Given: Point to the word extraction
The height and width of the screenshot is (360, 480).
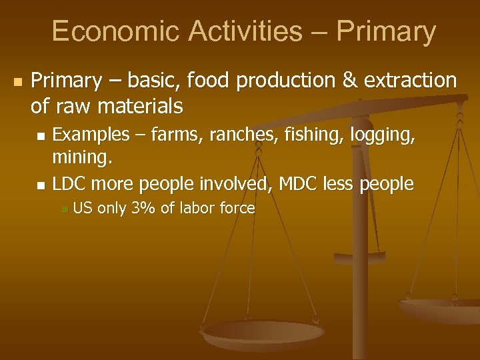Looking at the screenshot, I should click(410, 81).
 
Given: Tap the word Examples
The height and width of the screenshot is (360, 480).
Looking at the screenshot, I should click(91, 135).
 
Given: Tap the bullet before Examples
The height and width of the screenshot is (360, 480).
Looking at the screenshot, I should click(41, 137).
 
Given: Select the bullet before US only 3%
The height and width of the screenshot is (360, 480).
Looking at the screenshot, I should click(63, 210).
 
